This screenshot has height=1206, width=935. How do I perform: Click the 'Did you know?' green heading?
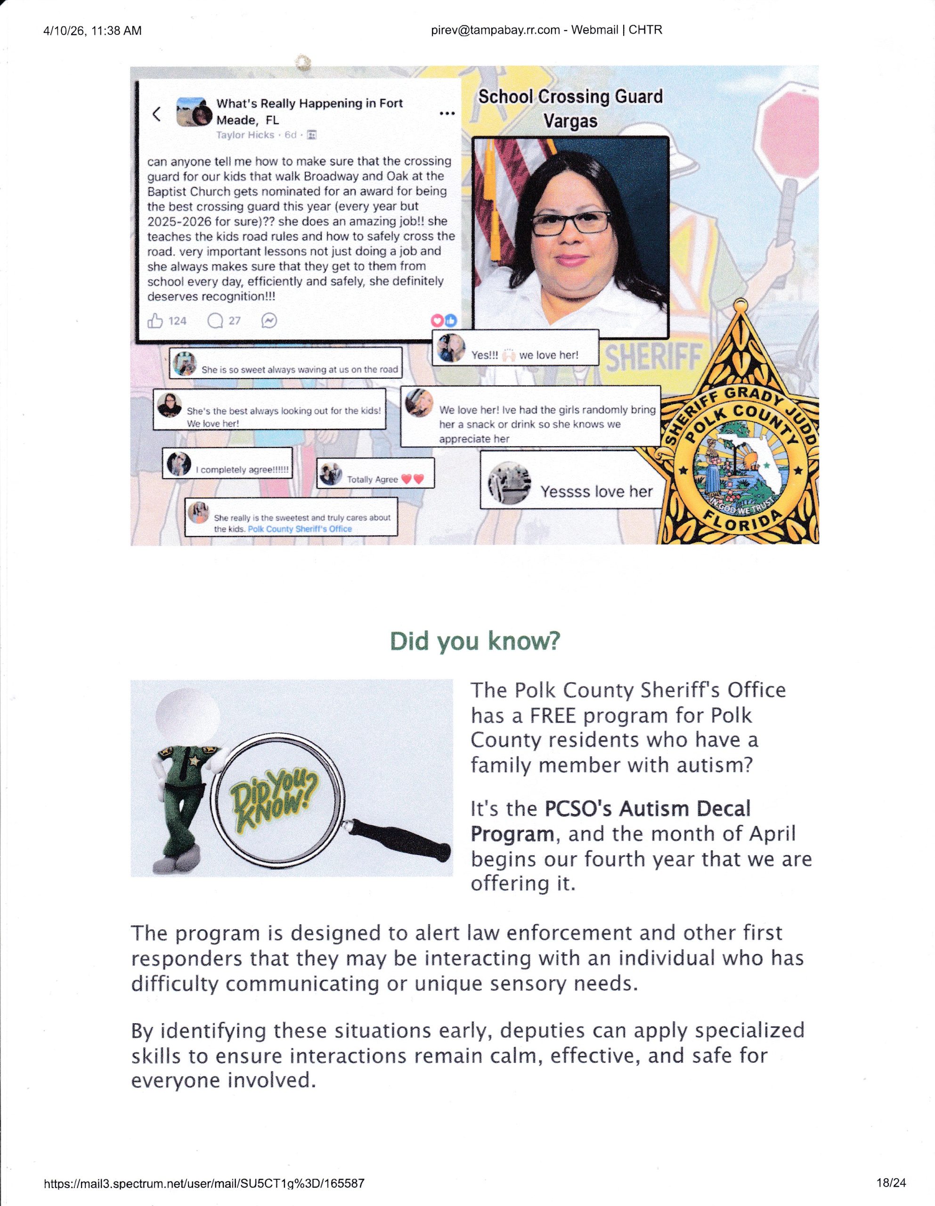(475, 641)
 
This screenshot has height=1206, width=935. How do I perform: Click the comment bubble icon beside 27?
(215, 321)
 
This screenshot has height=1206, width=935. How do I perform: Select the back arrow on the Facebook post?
(157, 114)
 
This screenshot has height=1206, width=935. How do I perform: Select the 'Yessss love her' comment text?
(596, 491)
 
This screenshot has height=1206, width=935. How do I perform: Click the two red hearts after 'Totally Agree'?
(413, 479)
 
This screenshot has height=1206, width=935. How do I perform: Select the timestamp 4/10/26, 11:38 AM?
(92, 31)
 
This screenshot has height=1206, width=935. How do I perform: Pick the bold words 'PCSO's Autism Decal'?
(647, 808)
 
